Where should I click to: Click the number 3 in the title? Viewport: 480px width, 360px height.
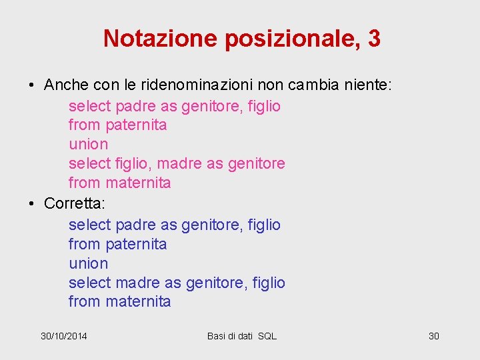point(374,39)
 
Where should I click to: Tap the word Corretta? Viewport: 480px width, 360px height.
point(71,203)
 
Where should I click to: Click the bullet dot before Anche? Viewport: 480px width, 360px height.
point(31,86)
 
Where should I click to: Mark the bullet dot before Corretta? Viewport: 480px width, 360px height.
point(31,204)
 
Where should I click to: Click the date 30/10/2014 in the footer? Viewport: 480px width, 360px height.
point(64,336)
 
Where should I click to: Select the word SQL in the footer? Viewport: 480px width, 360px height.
point(267,336)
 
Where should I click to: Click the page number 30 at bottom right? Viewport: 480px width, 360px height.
point(433,336)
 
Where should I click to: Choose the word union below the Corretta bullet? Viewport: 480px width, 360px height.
point(88,263)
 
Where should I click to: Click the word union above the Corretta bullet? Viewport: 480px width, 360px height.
point(88,144)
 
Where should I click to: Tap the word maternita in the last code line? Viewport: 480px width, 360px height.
point(138,301)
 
